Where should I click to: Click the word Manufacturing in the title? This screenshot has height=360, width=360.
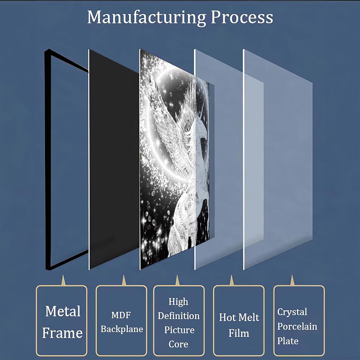click(147, 17)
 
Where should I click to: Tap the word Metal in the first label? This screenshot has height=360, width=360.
click(63, 311)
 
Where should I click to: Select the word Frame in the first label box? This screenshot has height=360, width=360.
click(62, 333)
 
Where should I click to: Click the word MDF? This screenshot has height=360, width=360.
click(121, 315)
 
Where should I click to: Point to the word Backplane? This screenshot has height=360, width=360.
click(122, 329)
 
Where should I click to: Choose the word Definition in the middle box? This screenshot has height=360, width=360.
click(179, 316)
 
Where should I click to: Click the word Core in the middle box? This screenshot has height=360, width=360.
click(178, 344)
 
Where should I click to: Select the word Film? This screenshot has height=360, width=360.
click(239, 333)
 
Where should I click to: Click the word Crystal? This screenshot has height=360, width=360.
click(292, 312)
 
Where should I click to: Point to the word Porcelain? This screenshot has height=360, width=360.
click(297, 326)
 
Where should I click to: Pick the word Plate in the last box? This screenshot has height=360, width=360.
click(288, 341)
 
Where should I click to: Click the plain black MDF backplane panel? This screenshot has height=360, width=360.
click(112, 158)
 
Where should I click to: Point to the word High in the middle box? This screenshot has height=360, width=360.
click(178, 301)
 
